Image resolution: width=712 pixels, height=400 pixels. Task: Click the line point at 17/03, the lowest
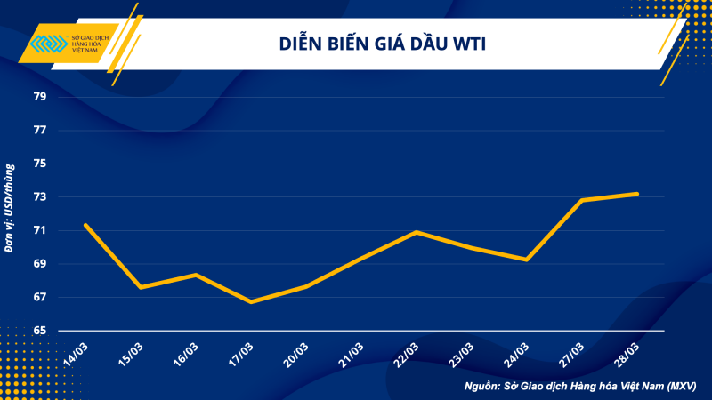(251, 302)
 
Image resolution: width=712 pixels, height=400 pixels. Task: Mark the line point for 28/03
(637, 194)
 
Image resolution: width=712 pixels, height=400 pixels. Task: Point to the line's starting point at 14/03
(85, 225)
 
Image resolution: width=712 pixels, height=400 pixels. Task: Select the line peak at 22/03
(417, 232)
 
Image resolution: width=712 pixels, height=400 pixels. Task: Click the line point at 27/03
(582, 200)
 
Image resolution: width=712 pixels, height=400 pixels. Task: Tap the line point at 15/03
(141, 287)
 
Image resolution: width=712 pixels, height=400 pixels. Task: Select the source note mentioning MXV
(579, 387)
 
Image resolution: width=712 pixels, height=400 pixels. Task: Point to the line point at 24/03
(527, 260)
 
